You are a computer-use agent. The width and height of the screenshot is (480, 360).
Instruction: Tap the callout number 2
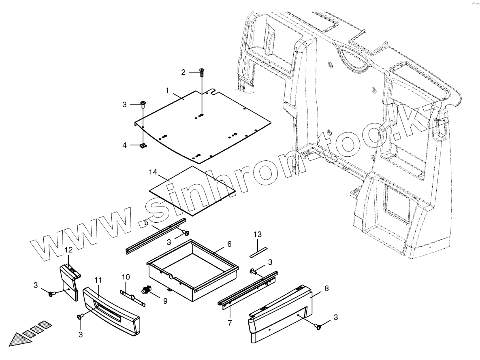pos(183,72)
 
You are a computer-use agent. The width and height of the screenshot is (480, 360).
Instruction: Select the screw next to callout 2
pos(202,73)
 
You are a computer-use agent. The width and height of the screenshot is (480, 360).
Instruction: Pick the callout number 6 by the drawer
pos(229,244)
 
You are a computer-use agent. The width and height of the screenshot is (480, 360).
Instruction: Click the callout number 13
pos(258,234)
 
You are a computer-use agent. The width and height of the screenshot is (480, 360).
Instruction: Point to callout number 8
pos(326,288)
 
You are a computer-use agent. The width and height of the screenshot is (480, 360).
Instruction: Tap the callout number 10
pos(126,277)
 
